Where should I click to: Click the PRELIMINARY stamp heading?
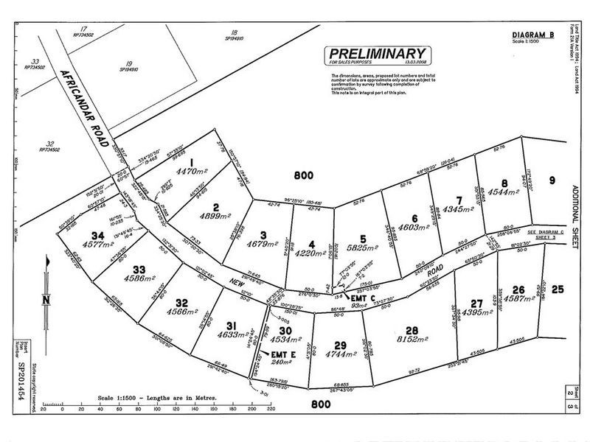tap(376, 53)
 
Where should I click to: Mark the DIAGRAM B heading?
tap(532, 35)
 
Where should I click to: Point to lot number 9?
tap(551, 179)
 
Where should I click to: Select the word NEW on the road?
tap(236, 284)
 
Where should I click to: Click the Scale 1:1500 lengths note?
tap(157, 398)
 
